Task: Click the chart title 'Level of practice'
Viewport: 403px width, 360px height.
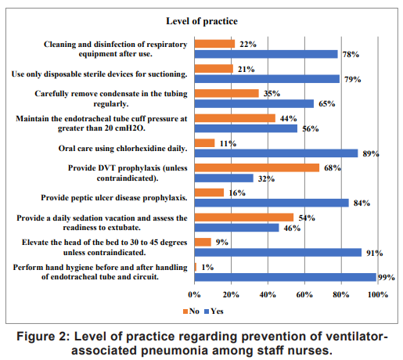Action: point(202,21)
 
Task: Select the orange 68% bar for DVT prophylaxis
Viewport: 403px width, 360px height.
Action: point(257,167)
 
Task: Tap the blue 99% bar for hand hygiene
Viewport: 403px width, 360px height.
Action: point(285,277)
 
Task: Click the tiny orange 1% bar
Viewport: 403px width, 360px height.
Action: point(196,267)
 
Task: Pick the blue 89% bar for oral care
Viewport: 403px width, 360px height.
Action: point(276,153)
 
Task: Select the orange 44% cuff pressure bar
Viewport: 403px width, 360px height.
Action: point(235,118)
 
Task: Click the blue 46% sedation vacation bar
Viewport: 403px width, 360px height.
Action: point(236,228)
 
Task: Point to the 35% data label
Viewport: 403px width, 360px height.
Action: point(272,93)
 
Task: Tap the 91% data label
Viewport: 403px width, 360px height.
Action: point(375,253)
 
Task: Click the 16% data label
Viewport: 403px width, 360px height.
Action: point(237,193)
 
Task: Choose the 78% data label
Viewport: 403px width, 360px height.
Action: point(351,54)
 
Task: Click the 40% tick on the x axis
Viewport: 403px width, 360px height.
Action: point(268,295)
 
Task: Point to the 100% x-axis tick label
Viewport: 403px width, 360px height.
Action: point(378,295)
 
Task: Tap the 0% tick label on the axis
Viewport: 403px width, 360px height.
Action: point(194,295)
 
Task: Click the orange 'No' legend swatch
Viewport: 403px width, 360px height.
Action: point(185,311)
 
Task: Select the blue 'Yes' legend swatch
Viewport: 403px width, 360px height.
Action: point(207,311)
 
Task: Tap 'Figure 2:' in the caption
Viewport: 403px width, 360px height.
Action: point(43,337)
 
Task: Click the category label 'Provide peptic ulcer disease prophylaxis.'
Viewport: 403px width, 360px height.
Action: point(114,198)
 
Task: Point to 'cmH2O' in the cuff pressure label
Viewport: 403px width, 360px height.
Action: point(131,128)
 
